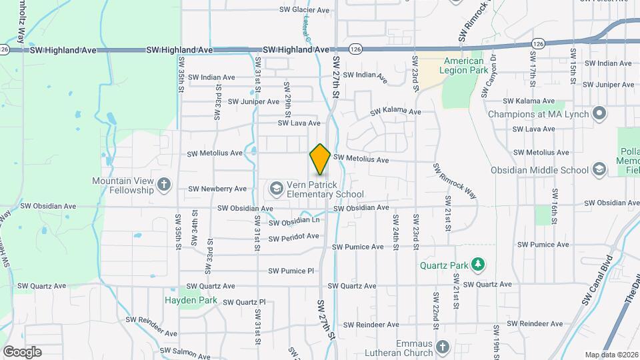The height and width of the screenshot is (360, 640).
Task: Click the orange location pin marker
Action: pyautogui.click(x=320, y=159)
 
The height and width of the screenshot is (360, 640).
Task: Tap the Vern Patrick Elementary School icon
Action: pyautogui.click(x=275, y=189)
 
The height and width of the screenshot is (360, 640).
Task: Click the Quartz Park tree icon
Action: pyautogui.click(x=477, y=265)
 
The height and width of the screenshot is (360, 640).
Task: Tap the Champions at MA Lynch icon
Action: pyautogui.click(x=599, y=114)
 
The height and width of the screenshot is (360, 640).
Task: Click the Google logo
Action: pyautogui.click(x=22, y=351)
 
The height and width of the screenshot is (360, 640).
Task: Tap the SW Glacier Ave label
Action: pyautogui.click(x=304, y=10)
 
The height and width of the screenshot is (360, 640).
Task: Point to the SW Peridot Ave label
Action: pyautogui.click(x=294, y=237)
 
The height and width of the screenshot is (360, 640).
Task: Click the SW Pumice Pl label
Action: pyautogui.click(x=291, y=271)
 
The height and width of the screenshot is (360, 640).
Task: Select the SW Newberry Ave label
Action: pyautogui.click(x=217, y=189)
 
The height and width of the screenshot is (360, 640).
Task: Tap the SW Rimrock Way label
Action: pyautogui.click(x=455, y=180)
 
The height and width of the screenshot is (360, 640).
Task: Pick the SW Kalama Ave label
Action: pyautogui.click(x=396, y=111)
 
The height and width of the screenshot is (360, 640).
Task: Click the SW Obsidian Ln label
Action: pyautogui.click(x=296, y=221)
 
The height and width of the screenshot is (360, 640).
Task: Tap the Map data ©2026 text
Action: pyautogui.click(x=611, y=355)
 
